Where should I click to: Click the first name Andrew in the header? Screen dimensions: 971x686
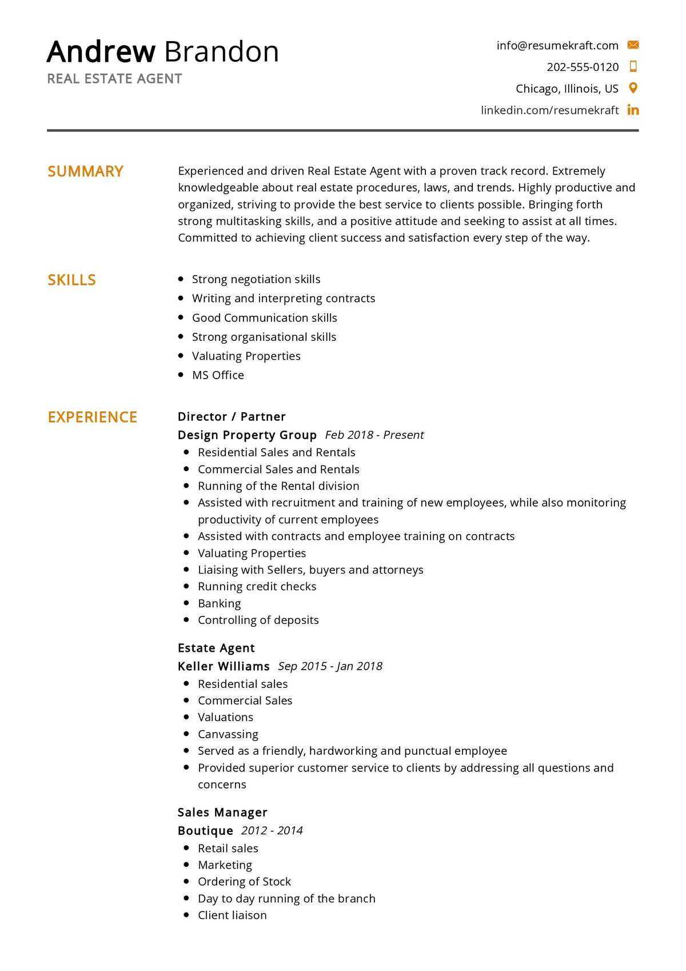[101, 51]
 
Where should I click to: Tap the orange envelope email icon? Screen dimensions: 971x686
[633, 45]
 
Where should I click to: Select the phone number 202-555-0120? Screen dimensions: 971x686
[582, 67]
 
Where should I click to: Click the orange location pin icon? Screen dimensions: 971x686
[633, 88]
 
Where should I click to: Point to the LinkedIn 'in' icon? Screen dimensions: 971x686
[633, 110]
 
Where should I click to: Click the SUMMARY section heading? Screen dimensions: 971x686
[85, 172]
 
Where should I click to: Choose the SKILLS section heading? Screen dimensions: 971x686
[71, 280]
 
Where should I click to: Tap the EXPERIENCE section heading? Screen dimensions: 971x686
[92, 417]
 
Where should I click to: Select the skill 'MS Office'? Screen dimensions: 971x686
[218, 375]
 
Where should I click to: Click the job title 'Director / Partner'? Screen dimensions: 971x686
[232, 417]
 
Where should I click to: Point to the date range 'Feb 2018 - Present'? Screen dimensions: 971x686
[374, 435]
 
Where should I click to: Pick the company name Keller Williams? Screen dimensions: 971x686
[224, 666]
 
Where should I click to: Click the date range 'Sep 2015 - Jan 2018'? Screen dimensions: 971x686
[330, 666]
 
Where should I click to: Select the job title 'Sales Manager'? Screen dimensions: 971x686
[222, 813]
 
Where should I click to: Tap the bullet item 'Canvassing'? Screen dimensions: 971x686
[228, 734]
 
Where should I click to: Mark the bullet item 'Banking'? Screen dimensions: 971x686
[219, 603]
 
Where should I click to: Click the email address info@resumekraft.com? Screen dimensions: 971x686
[557, 45]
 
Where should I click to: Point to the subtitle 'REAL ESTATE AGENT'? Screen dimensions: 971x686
[114, 79]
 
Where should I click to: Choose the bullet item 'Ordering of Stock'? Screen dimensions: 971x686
[244, 882]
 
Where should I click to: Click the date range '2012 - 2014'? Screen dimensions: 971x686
[272, 830]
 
